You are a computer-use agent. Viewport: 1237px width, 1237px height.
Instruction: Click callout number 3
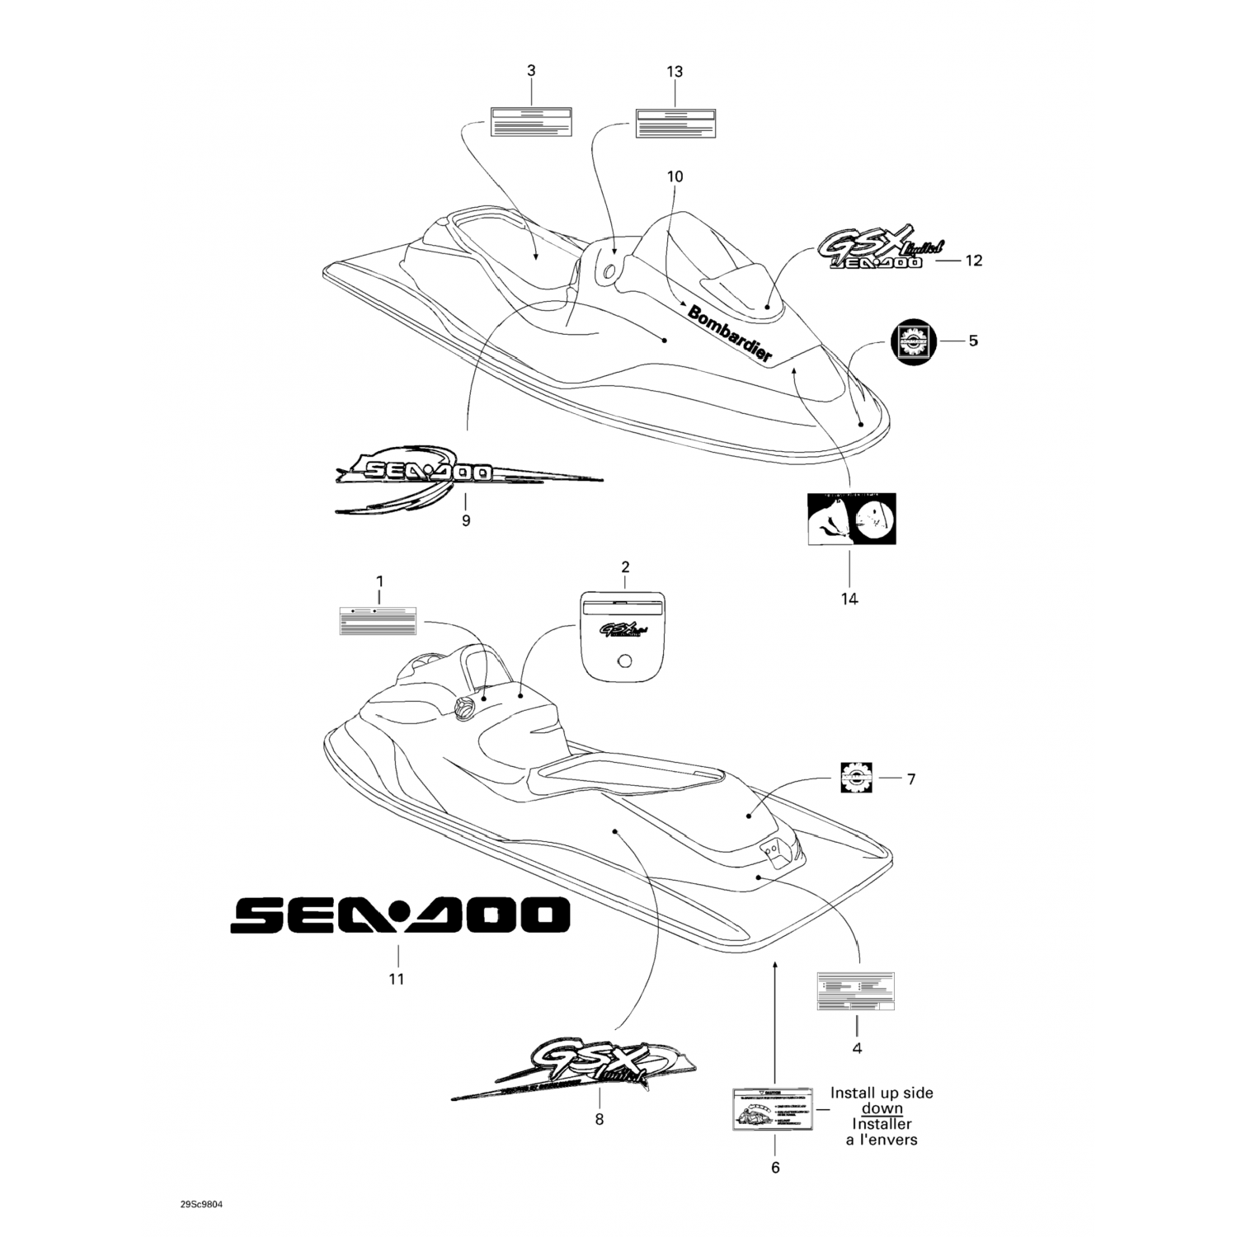[531, 71]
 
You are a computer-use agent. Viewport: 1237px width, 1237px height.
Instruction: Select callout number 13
[675, 72]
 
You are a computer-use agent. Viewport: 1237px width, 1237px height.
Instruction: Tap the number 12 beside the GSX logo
[974, 261]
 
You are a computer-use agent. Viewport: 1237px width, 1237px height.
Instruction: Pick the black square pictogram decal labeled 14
[851, 520]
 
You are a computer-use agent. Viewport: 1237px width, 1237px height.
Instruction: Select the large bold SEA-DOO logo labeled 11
[399, 915]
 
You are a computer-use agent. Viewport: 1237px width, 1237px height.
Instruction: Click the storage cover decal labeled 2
[624, 636]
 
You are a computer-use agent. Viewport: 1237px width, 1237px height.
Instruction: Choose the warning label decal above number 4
[856, 991]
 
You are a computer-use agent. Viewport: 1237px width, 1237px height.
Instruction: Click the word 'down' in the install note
[882, 1108]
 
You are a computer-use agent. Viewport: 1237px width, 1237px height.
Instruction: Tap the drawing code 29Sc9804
[200, 1203]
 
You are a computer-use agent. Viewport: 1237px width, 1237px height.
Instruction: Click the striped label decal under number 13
[675, 122]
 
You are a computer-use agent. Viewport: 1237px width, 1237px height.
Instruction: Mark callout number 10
[675, 176]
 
